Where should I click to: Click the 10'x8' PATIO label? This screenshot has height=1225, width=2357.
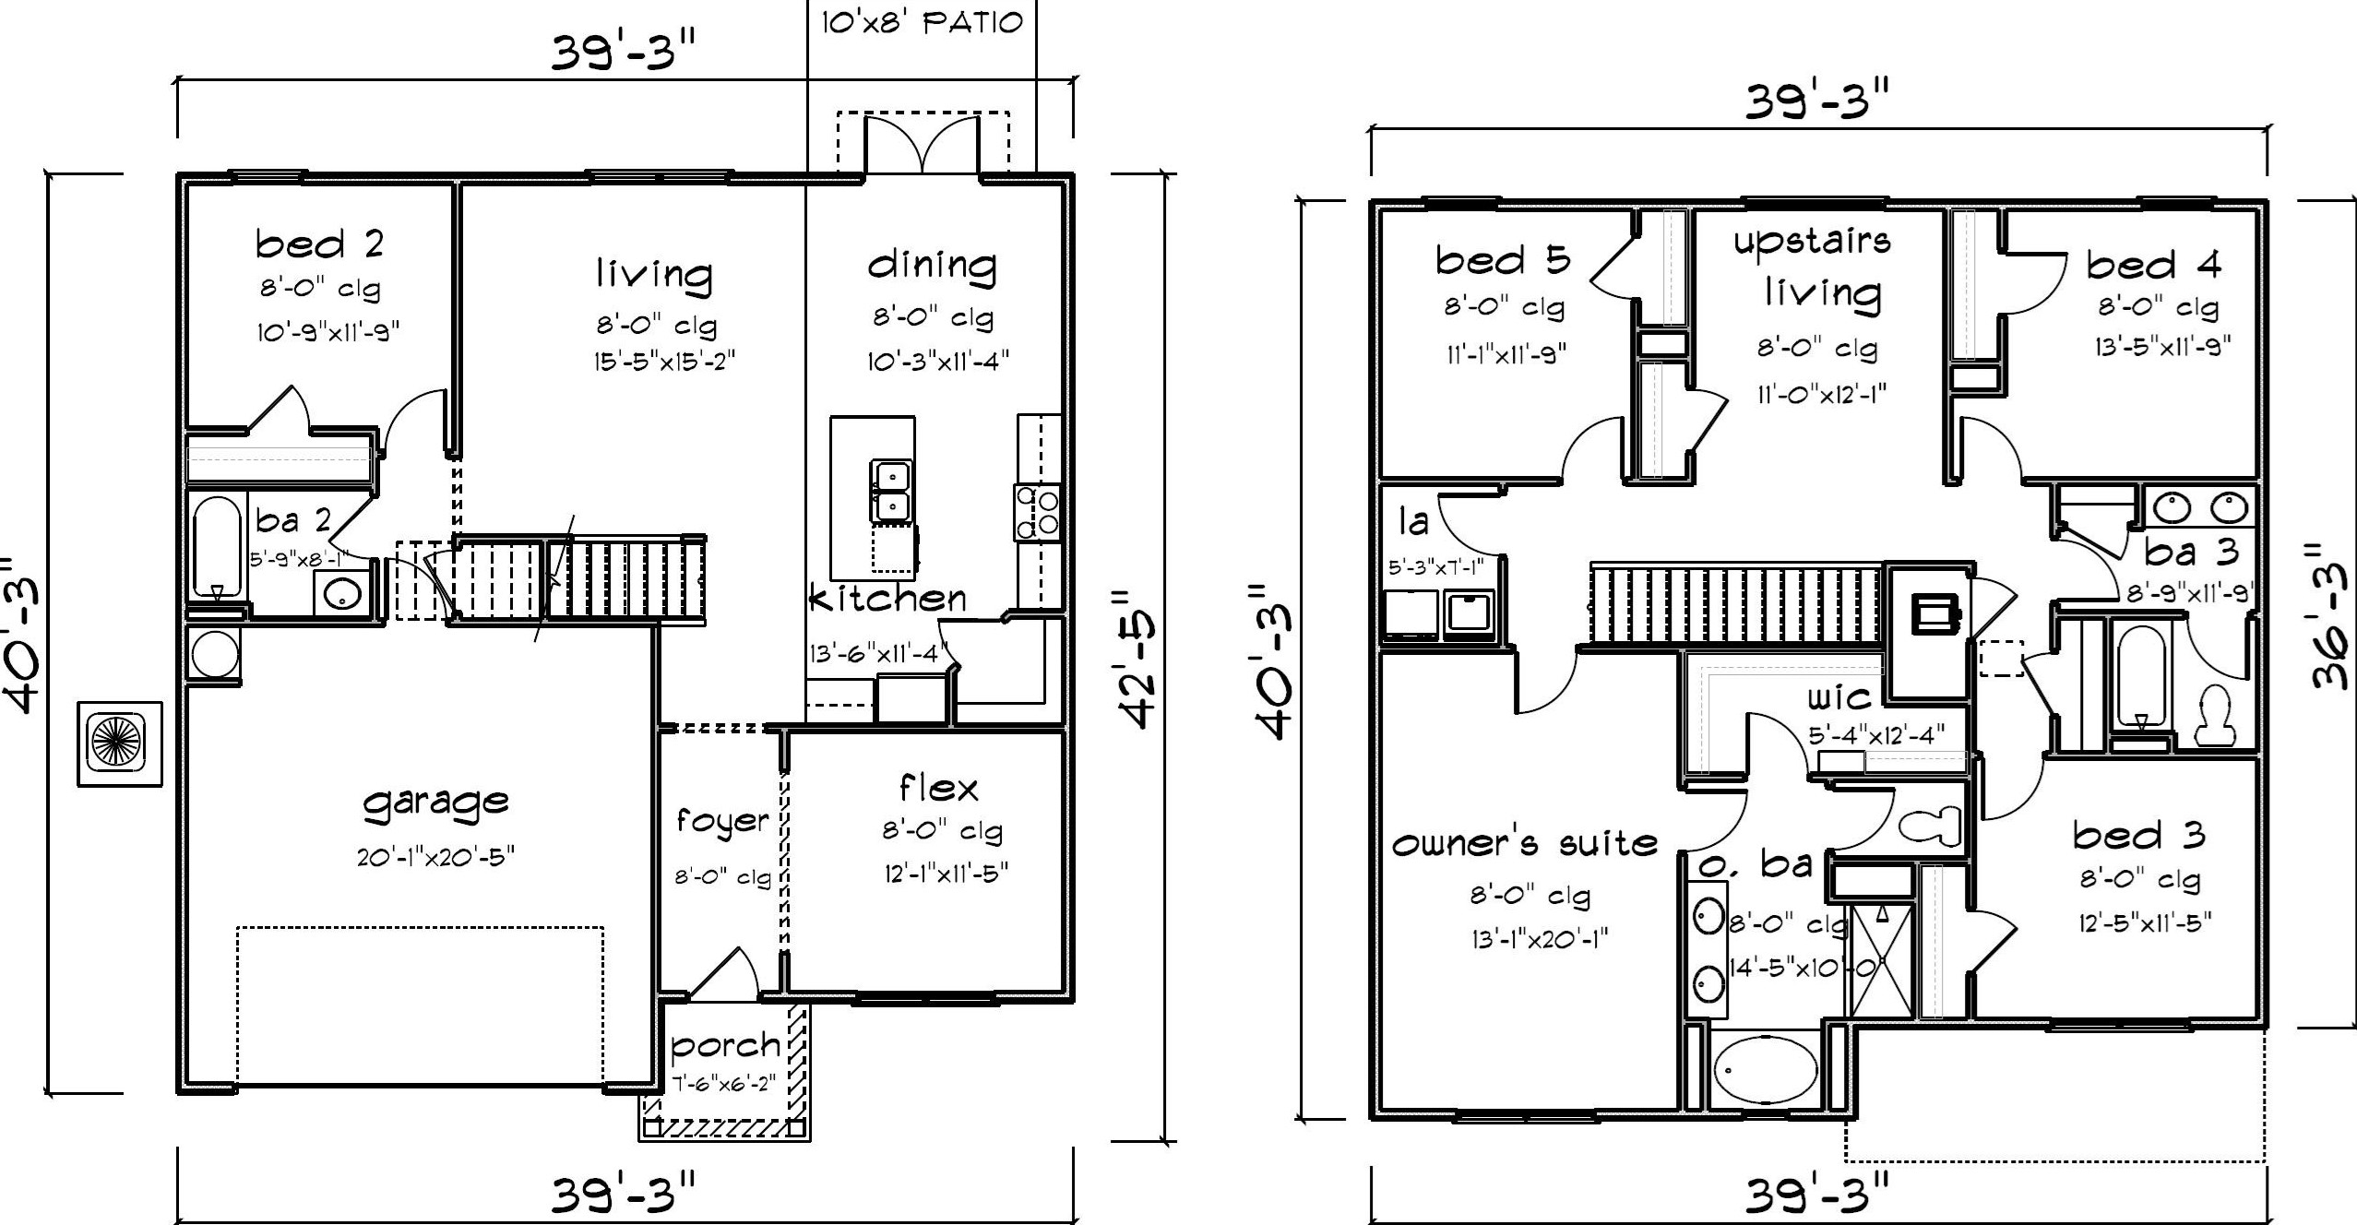(923, 22)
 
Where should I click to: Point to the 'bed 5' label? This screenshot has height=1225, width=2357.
(1503, 260)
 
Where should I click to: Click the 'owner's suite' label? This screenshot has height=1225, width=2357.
(1524, 843)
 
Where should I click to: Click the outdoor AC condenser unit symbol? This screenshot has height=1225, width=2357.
(120, 743)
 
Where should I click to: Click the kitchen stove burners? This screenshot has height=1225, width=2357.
(1037, 512)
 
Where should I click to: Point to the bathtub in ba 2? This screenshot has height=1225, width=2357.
(218, 548)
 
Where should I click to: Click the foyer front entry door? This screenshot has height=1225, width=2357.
(723, 974)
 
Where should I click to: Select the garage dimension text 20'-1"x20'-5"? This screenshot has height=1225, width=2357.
(435, 857)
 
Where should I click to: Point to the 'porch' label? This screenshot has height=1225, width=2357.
(725, 1046)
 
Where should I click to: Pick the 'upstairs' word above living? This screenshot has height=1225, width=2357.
(1812, 242)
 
